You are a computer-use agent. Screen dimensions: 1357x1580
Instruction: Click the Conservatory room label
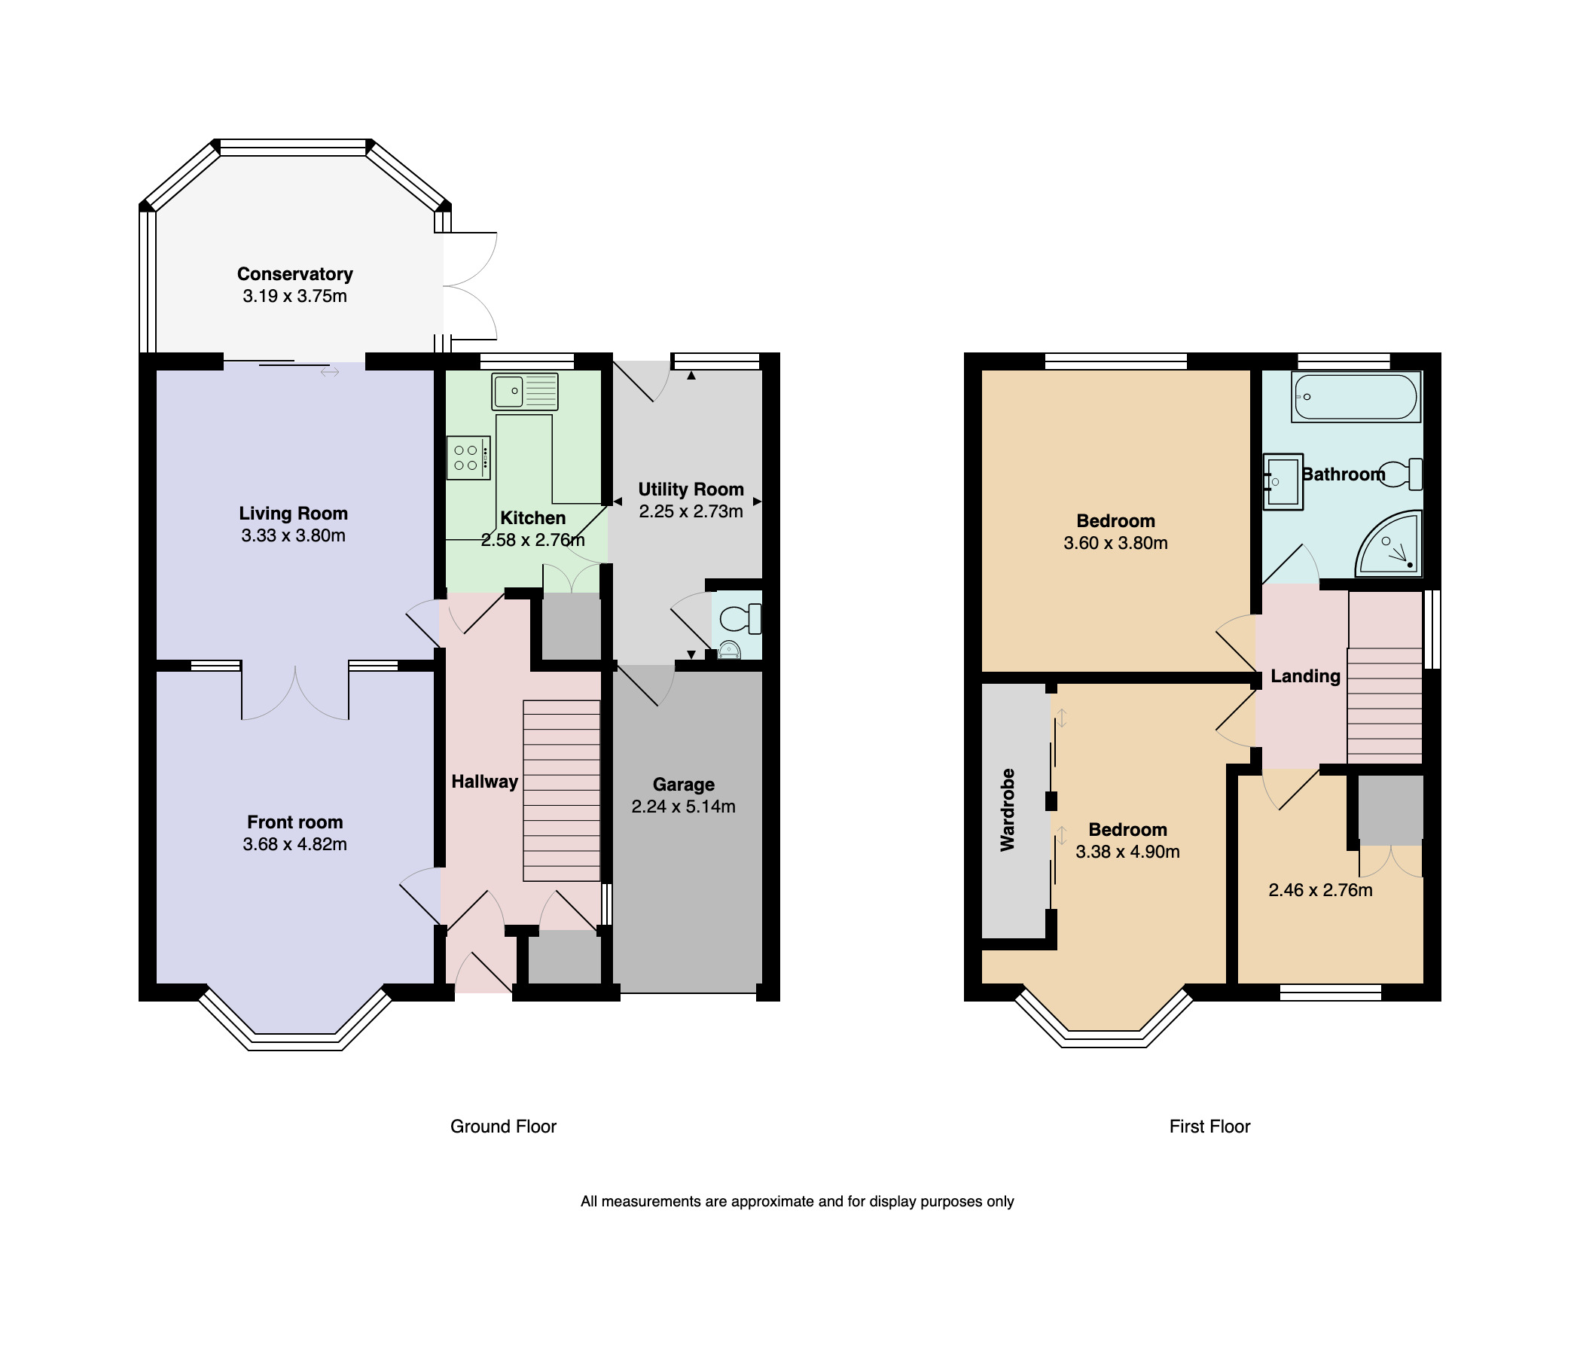(x=294, y=273)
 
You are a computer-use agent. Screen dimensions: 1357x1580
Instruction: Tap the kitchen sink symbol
(x=525, y=392)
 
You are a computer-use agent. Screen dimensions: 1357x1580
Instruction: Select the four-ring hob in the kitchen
(x=468, y=457)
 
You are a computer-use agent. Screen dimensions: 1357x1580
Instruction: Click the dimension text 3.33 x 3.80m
(x=293, y=536)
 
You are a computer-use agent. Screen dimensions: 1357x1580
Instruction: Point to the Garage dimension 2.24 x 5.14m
(x=683, y=807)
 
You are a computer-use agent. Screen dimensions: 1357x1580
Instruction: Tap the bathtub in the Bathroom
(x=1355, y=397)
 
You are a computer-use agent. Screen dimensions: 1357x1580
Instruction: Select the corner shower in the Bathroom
(x=1392, y=547)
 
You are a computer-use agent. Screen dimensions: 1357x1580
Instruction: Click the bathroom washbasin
(x=1283, y=482)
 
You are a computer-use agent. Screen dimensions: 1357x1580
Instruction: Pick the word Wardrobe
(x=1008, y=810)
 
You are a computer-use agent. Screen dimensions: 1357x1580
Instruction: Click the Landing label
(x=1304, y=676)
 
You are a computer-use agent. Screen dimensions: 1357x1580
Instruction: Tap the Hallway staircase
(x=561, y=791)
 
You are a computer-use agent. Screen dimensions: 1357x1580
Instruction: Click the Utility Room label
(x=691, y=489)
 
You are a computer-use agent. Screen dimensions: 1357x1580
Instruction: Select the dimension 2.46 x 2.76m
(x=1320, y=890)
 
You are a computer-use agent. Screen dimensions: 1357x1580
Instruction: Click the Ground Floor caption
(x=503, y=1126)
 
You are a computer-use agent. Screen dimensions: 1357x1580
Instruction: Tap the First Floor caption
(x=1209, y=1126)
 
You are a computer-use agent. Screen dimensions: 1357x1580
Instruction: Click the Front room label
(x=294, y=822)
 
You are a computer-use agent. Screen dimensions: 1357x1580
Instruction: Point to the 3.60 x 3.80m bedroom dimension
(x=1115, y=544)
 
